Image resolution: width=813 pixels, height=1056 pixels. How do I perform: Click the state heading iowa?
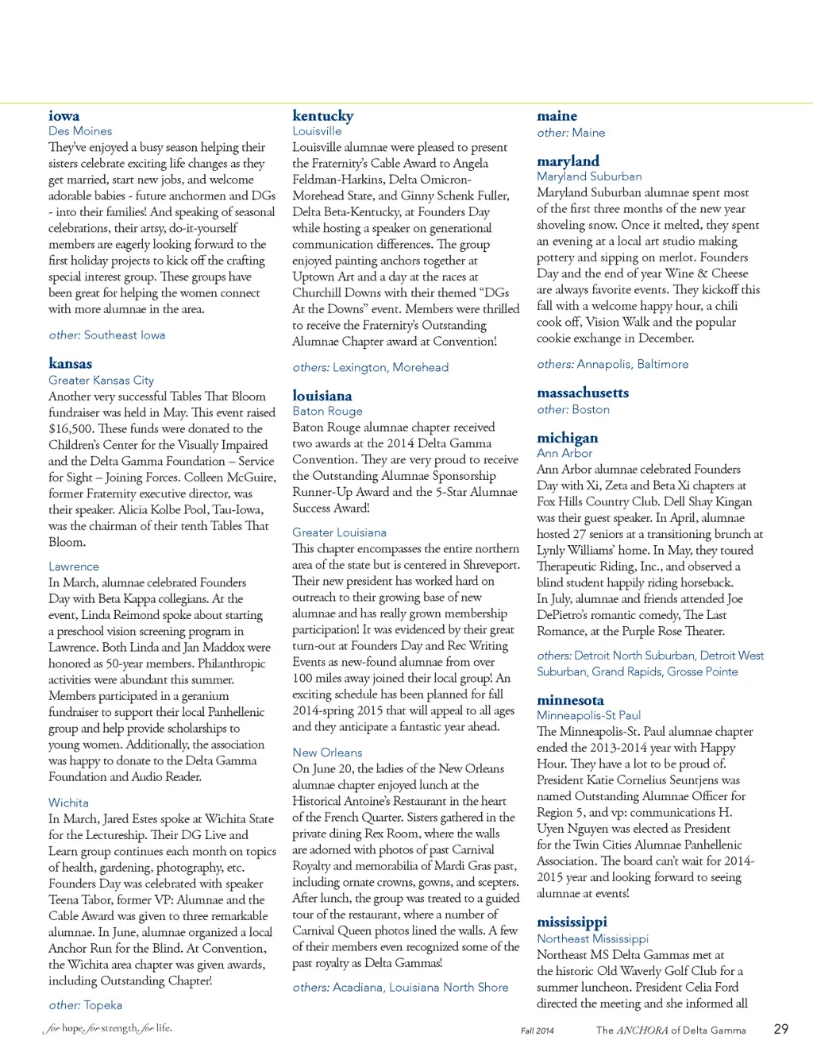pos(64,116)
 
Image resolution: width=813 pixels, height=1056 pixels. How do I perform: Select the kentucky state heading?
pos(322,116)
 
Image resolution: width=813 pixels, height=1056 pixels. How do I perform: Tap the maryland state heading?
pos(568,161)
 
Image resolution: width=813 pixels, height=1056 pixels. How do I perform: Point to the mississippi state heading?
pos(572,922)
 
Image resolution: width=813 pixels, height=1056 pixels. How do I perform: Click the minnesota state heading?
pos(570,700)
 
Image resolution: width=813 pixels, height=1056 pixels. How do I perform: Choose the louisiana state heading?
pos(322,396)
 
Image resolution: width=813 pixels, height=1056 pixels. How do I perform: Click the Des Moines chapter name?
pos(80,131)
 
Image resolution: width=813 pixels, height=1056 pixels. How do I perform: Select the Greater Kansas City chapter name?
pos(101,381)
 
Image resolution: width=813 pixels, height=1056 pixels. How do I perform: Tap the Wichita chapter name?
pos(68,803)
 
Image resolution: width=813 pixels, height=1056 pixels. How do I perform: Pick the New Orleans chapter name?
pos(327,752)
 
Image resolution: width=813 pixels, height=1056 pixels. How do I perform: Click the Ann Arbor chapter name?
pos(564,453)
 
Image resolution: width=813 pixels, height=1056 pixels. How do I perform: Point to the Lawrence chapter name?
pos(74,567)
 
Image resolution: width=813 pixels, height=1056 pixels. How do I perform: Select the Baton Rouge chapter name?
pos(327,411)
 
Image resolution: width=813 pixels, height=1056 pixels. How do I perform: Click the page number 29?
pos(781,1029)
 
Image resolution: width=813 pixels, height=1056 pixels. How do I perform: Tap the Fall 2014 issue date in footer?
pos(538,1031)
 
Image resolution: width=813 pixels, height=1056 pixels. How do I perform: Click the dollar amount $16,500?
pos(71,429)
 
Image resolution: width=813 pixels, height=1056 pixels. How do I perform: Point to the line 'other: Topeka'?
pos(86,1005)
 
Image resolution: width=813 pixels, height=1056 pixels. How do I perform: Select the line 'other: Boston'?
pos(573,409)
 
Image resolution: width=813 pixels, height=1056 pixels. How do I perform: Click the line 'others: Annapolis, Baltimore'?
pos(613,364)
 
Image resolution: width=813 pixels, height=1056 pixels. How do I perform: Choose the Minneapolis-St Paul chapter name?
pos(588,715)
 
